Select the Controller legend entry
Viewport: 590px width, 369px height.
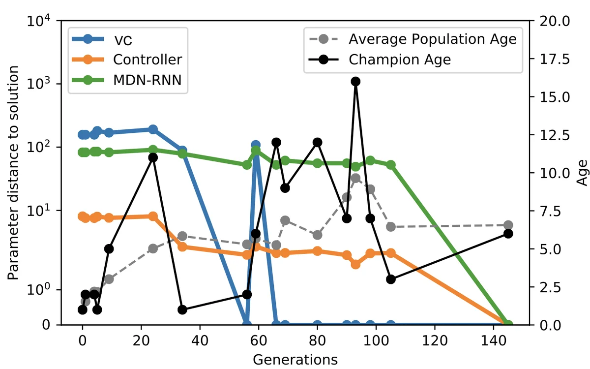coord(147,60)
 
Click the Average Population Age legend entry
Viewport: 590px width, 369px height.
coord(433,39)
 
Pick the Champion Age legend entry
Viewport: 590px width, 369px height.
coord(400,60)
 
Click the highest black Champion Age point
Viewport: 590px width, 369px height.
coord(355,81)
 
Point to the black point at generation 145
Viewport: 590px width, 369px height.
coord(508,234)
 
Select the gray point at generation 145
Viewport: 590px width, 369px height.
coord(508,225)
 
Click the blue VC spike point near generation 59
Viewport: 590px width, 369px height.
coord(256,145)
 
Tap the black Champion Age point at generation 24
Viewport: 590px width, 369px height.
coord(153,157)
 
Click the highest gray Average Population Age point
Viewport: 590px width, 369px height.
coord(355,178)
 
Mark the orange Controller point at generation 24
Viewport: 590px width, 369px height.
coord(153,216)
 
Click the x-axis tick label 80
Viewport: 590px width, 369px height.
coord(317,340)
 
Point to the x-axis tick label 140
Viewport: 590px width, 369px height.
coord(493,340)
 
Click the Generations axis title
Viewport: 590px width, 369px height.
coord(295,359)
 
